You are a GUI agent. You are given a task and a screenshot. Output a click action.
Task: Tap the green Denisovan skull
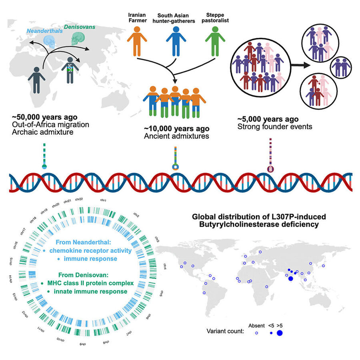pos(78,38)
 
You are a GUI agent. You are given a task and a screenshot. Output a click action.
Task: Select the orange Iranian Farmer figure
pos(137,41)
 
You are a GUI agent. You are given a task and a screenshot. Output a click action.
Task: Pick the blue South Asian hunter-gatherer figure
pos(176,41)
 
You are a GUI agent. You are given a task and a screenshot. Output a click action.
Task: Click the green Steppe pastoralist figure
pos(215,41)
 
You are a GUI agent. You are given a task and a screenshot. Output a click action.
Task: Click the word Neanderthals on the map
pos(44,31)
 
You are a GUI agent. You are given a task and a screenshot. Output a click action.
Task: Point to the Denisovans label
pos(80,27)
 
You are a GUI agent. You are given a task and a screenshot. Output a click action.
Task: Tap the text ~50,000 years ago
pos(44,117)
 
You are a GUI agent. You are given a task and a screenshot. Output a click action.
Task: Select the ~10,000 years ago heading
pos(176,128)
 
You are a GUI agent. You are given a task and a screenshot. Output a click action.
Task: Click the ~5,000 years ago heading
pos(268,119)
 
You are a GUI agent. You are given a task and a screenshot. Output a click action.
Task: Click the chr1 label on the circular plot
pos(103,200)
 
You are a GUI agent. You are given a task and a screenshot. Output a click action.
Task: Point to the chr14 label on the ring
pos(10,279)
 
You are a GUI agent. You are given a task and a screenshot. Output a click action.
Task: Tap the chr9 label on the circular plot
pos(83,344)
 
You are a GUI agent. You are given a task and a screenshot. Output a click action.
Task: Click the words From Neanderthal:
pos(83,242)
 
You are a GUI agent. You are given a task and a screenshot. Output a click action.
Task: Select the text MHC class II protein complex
pos(90,283)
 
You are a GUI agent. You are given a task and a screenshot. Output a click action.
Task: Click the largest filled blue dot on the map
pos(291,278)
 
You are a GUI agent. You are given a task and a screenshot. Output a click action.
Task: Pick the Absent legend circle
pos(256,333)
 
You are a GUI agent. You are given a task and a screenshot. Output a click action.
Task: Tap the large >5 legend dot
pos(280,333)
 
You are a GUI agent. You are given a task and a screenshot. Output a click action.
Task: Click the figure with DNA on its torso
pos(70,70)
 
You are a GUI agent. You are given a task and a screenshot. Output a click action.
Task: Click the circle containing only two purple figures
pos(341,67)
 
